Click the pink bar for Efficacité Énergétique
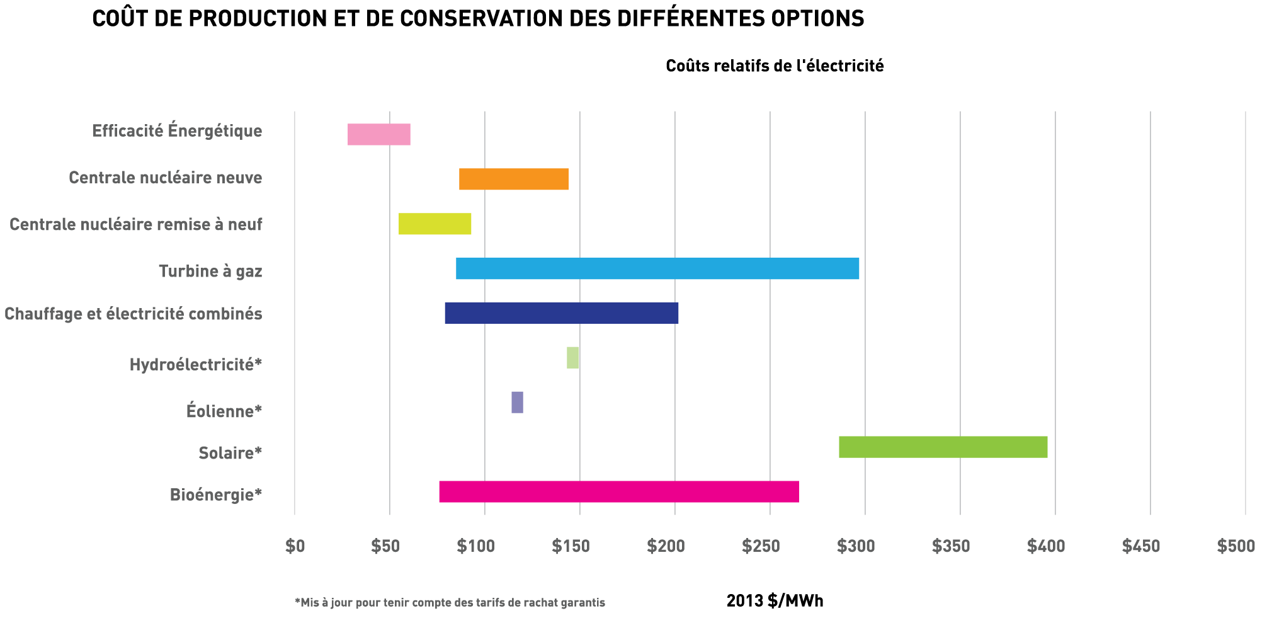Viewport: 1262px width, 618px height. [378, 134]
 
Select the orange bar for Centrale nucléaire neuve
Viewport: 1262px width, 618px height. [513, 179]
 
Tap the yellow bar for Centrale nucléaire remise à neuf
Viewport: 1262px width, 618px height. [435, 224]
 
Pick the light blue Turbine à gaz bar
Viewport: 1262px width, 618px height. [657, 268]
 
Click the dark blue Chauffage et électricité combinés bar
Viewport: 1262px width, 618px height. [561, 313]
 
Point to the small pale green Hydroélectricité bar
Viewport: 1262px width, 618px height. [572, 357]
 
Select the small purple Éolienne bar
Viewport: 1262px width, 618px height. [517, 402]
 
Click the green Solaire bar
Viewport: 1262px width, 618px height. [943, 447]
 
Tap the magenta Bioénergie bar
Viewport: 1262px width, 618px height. [618, 491]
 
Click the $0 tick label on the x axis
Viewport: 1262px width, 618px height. [295, 546]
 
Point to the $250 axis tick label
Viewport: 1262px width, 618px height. [761, 546]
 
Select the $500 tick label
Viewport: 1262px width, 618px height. [1236, 546]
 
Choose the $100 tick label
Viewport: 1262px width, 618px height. [475, 546]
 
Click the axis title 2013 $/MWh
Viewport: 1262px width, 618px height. [775, 601]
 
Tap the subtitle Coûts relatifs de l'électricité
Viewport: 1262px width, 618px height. [775, 66]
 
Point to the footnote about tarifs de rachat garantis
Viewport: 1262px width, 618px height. [450, 603]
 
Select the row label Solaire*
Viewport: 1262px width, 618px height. [230, 453]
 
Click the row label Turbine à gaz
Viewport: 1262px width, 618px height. [210, 272]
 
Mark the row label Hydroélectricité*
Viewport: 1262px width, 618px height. [195, 364]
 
